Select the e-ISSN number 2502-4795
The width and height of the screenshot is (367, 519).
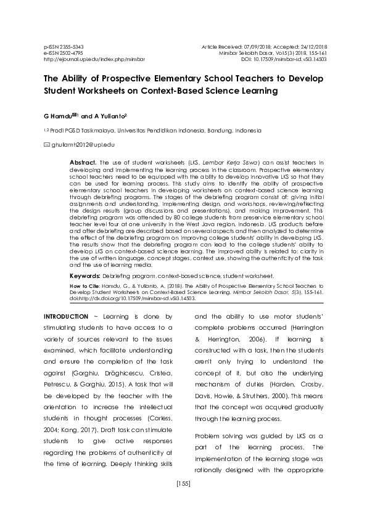[64, 53]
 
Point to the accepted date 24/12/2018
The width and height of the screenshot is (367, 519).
[313, 47]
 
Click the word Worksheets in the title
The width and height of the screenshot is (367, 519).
[104, 91]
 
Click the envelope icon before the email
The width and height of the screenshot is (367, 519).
[46, 144]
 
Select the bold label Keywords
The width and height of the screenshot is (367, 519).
[85, 276]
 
